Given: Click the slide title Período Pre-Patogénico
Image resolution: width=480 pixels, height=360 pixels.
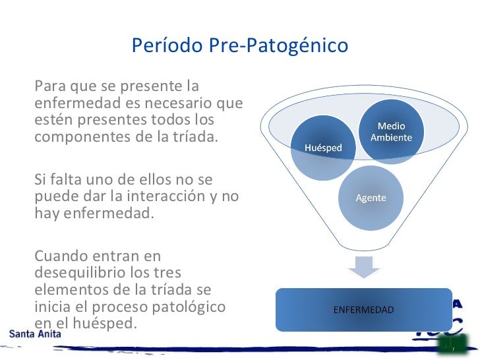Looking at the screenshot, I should click(240, 46).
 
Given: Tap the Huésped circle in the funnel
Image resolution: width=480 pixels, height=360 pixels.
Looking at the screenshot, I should click(323, 148).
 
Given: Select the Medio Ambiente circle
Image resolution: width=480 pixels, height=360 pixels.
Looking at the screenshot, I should click(391, 132).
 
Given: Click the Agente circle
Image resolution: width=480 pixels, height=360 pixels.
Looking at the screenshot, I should click(371, 198).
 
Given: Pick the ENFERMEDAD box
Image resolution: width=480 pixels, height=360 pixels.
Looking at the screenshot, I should click(363, 309).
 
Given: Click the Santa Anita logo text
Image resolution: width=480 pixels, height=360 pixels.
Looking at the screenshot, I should click(35, 334).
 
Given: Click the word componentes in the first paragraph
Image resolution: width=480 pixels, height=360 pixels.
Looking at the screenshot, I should click(75, 137).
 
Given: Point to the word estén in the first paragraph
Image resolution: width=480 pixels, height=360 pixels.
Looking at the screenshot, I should click(52, 120).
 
